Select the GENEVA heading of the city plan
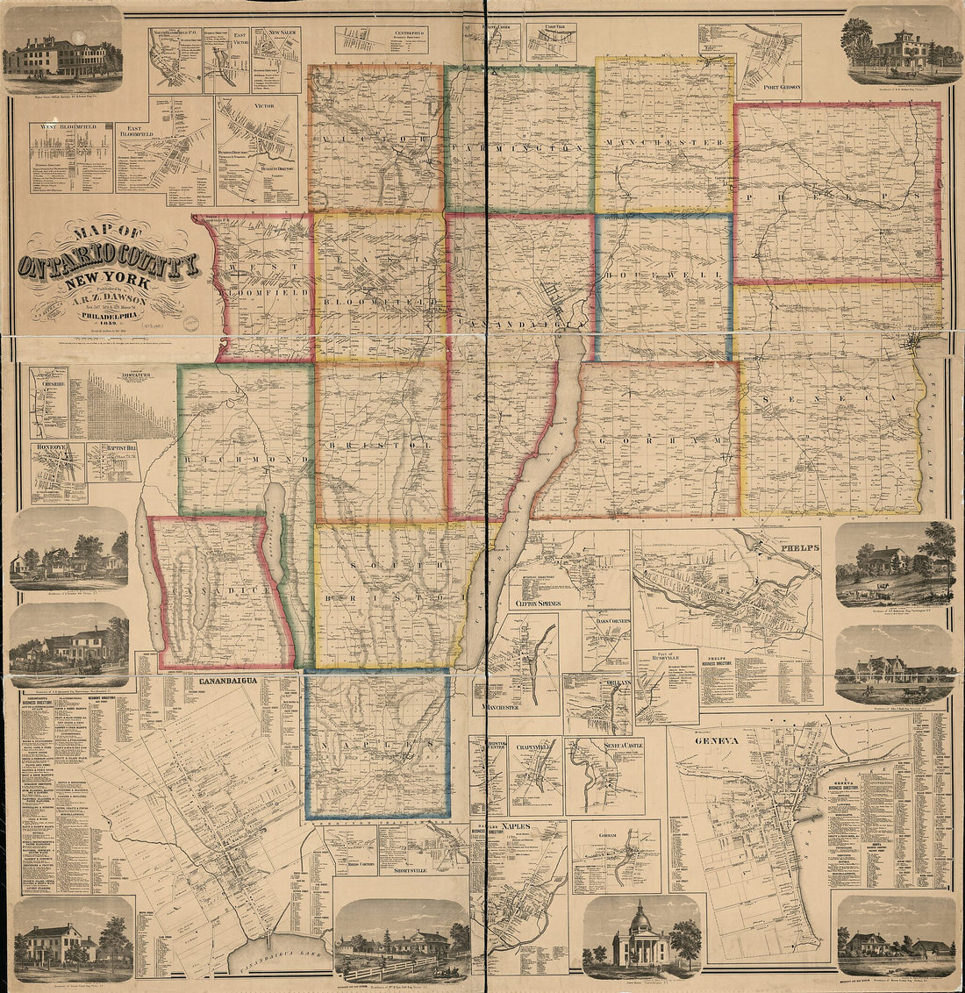pos(718,740)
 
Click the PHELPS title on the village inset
pos(796,548)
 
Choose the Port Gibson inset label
pos(761,86)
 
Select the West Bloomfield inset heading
pos(70,127)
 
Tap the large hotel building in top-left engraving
pos(53,57)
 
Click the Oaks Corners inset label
pos(606,622)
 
